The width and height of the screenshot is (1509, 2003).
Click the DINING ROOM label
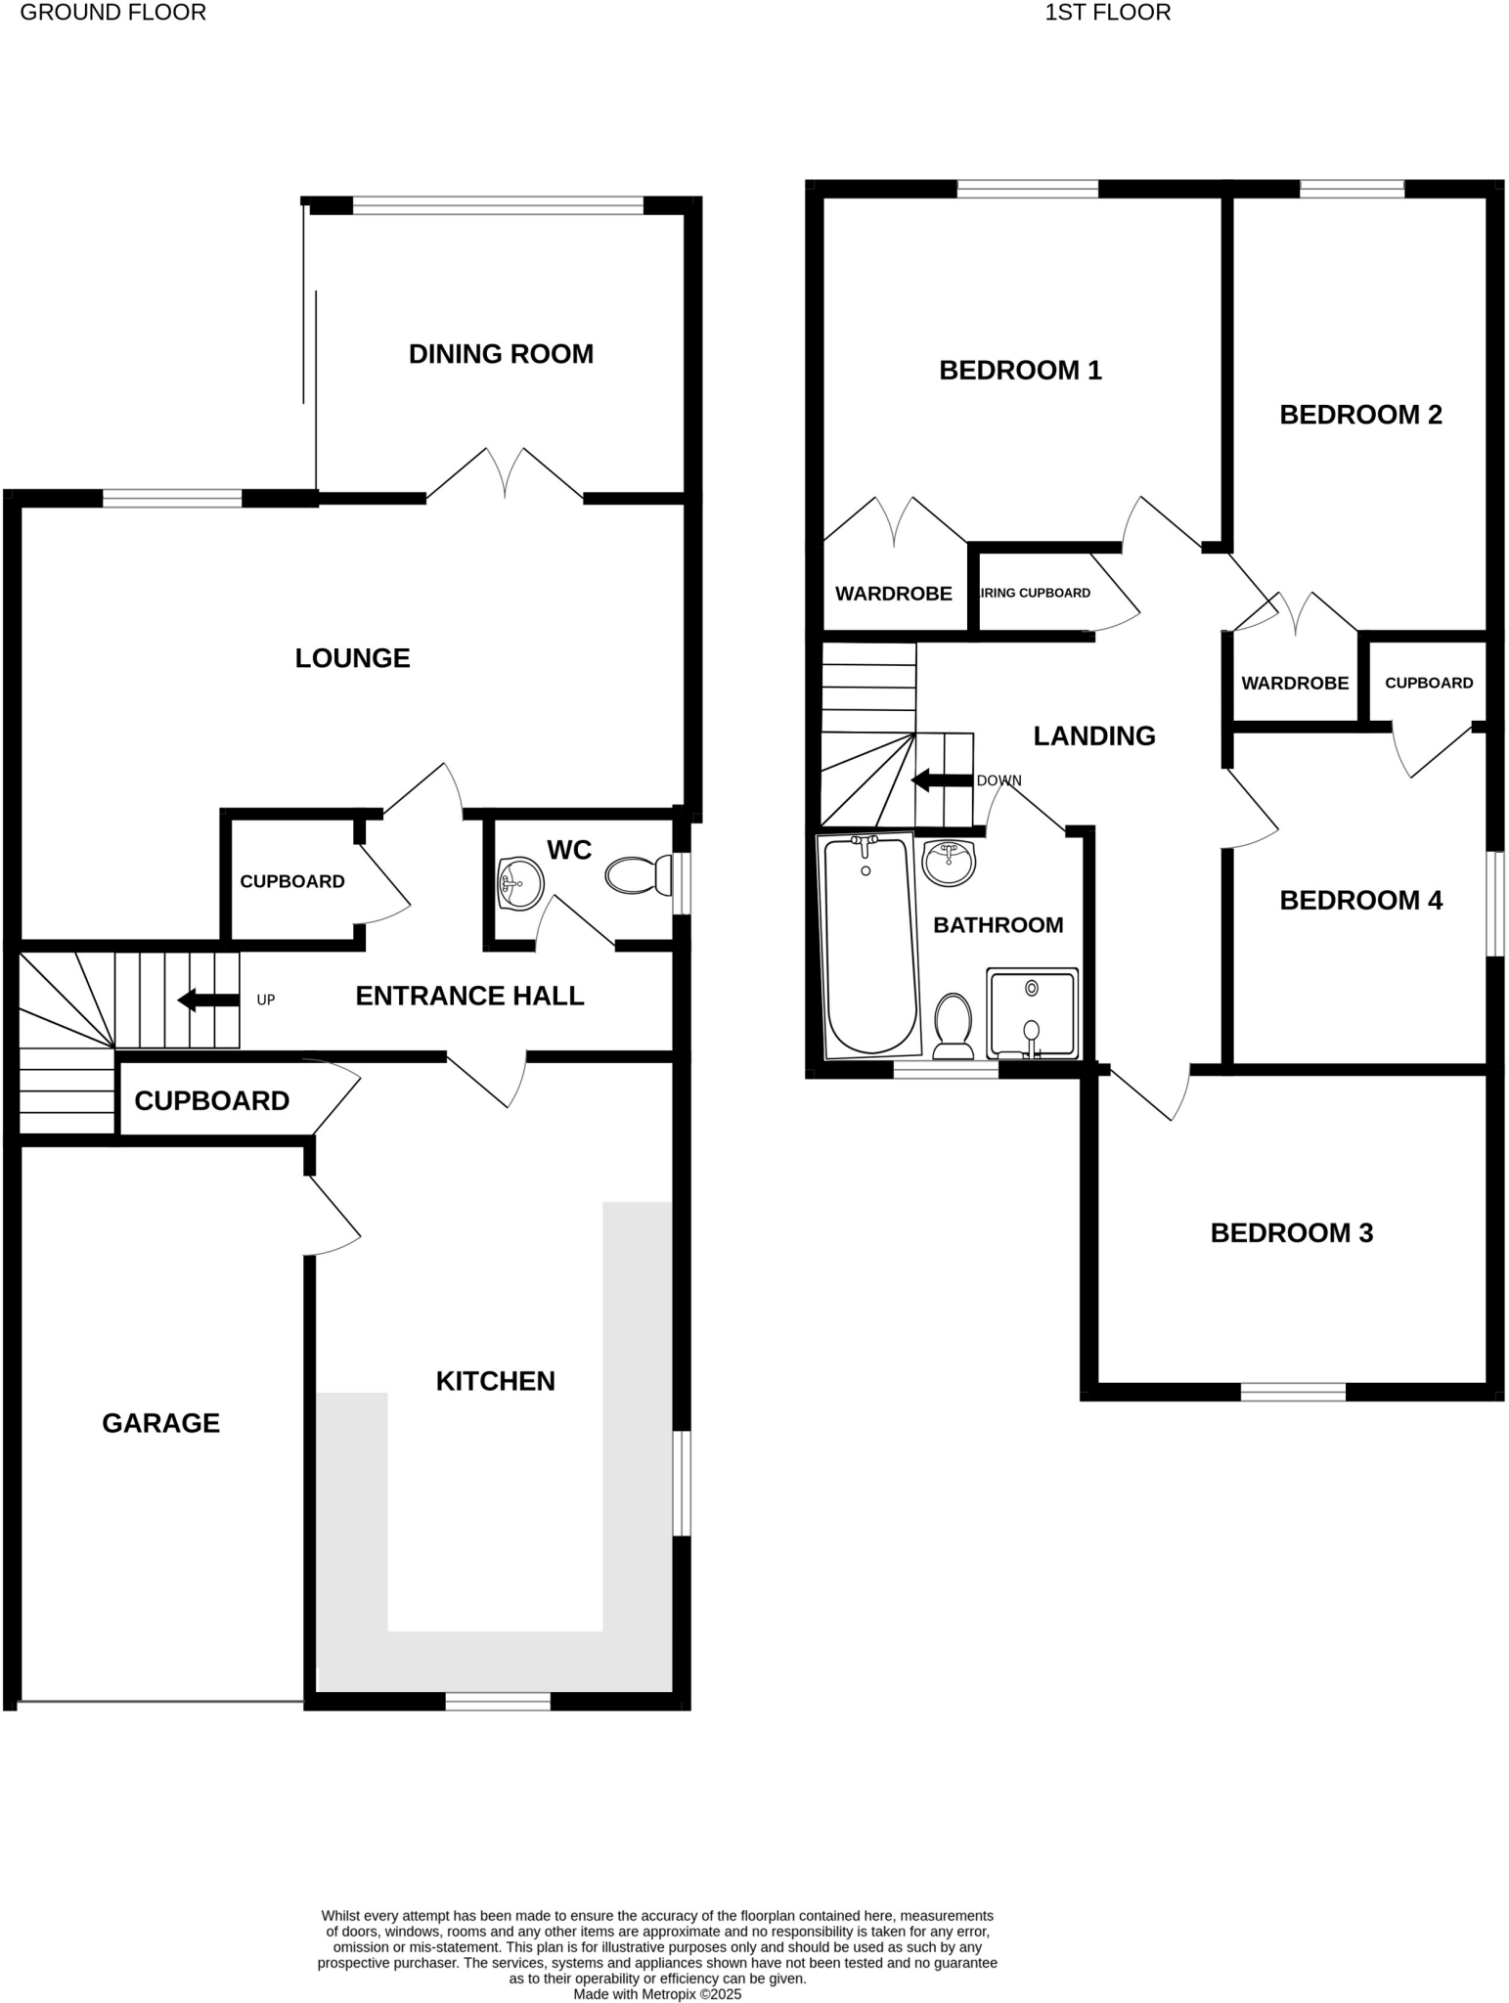click(x=501, y=354)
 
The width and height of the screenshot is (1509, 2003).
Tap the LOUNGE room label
click(x=352, y=658)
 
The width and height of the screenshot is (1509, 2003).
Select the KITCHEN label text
click(x=495, y=1381)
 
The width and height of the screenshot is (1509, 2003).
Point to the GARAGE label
click(x=160, y=1423)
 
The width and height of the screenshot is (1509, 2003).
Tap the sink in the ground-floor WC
click(x=520, y=882)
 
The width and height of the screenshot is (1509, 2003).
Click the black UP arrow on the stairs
click(x=207, y=1000)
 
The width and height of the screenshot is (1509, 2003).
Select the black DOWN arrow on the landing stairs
click(x=942, y=779)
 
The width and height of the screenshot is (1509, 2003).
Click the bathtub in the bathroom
click(x=869, y=945)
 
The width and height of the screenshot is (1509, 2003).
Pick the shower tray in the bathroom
click(x=1032, y=1013)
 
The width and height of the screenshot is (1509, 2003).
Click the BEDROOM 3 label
click(x=1291, y=1233)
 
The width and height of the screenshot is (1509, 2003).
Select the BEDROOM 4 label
click(x=1360, y=901)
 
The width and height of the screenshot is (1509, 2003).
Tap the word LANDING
click(x=1094, y=736)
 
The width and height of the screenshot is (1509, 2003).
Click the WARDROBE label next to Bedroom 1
click(x=893, y=594)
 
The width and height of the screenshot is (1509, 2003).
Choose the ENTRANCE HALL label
click(x=469, y=996)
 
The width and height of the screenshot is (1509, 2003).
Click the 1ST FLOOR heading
click(x=1107, y=13)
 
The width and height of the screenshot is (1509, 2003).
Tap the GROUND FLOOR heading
click(x=112, y=13)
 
